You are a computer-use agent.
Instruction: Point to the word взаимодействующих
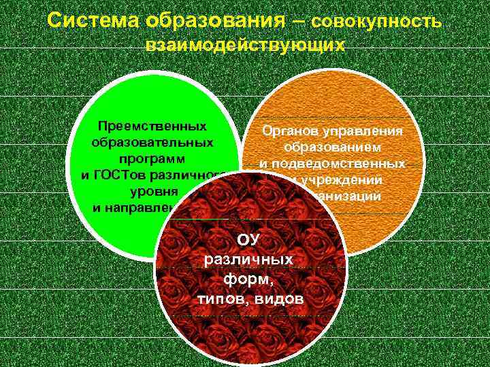(245, 46)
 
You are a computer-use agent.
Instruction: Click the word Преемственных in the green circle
(152, 127)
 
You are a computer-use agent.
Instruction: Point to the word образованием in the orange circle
(332, 147)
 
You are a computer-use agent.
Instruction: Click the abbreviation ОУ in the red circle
(248, 240)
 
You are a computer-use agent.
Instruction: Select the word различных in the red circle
(248, 260)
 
